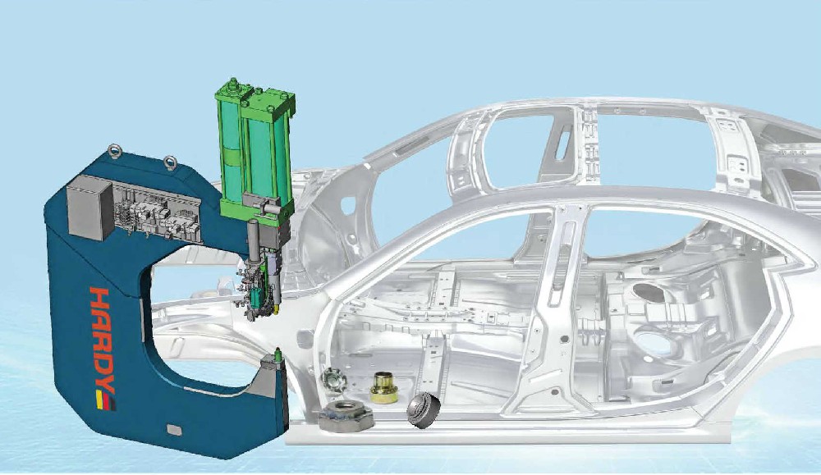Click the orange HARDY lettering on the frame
[x=103, y=340]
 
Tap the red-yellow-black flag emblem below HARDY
[x=106, y=400]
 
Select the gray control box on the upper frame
[x=90, y=208]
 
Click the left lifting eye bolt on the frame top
[x=115, y=152]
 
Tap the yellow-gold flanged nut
[x=384, y=387]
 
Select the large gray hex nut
[x=345, y=417]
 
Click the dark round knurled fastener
[x=424, y=411]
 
